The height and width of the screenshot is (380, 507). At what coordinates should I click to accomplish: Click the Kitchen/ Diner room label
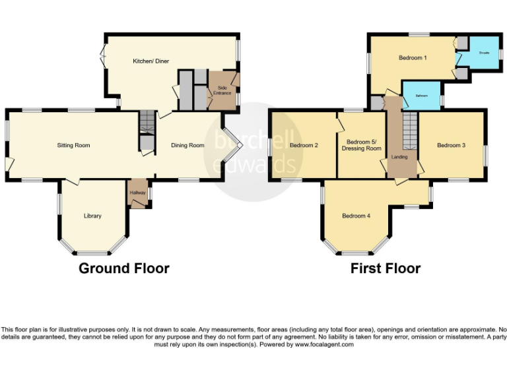[151, 61]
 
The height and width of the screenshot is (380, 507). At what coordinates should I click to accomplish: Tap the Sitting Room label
[73, 145]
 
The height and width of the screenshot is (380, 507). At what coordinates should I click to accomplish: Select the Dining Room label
[187, 145]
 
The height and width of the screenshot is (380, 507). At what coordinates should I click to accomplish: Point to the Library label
[92, 216]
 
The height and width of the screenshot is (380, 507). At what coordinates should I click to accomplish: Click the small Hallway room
[138, 194]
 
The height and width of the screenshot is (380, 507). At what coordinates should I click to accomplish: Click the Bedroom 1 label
[413, 58]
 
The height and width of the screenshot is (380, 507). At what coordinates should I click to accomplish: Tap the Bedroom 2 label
[304, 145]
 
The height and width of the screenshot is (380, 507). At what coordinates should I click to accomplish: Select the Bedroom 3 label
[452, 145]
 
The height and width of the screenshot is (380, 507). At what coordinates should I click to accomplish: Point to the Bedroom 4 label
[356, 216]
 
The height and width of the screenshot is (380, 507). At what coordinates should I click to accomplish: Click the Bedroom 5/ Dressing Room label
[362, 145]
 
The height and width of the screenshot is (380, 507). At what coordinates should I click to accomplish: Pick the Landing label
[399, 157]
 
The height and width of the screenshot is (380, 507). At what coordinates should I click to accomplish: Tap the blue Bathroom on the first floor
[422, 96]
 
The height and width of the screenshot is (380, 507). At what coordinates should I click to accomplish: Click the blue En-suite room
[484, 53]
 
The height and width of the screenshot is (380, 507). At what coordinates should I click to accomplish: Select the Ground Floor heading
[124, 269]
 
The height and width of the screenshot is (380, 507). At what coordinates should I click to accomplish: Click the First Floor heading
[385, 269]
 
